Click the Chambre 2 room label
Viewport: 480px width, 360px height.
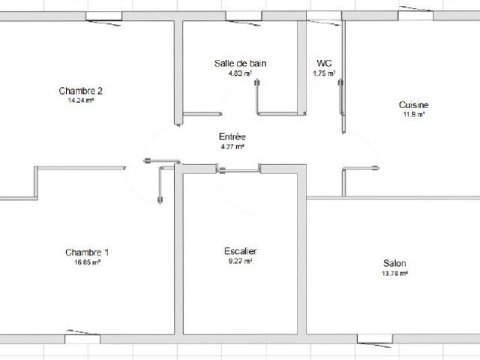(80, 91)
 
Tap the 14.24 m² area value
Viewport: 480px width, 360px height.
(80, 100)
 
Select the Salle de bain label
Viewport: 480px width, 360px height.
(240, 64)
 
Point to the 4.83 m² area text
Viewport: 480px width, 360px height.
(240, 73)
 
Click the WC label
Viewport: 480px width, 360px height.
(324, 64)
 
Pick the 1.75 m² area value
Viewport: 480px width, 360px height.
(324, 73)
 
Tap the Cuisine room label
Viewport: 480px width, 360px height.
(414, 105)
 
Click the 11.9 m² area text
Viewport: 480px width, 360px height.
(414, 115)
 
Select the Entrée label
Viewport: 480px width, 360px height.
(232, 136)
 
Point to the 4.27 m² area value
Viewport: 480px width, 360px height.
(232, 146)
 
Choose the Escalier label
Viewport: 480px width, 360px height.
(240, 250)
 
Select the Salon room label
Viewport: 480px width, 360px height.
(394, 263)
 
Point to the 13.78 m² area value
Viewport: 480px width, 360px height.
(394, 273)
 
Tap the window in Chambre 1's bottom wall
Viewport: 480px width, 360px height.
(82, 338)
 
